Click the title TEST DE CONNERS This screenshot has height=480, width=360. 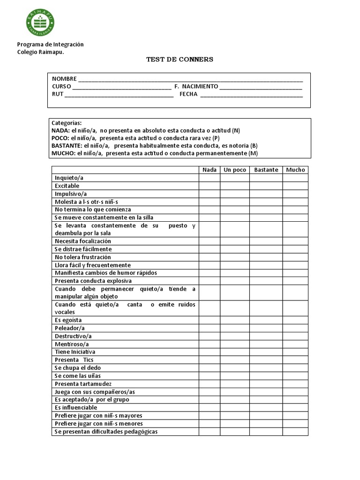(x=180, y=60)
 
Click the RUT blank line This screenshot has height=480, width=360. (x=119, y=95)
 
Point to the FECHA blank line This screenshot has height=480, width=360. (x=251, y=95)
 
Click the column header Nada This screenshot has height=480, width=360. (x=209, y=170)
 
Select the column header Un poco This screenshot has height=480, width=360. (x=234, y=170)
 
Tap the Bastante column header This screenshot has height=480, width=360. (x=266, y=170)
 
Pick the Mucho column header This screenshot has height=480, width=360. (x=295, y=170)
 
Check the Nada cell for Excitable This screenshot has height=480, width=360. (x=209, y=186)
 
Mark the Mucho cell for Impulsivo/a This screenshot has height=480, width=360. (x=295, y=194)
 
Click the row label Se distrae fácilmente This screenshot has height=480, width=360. (x=83, y=249)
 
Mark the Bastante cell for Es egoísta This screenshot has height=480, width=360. (x=266, y=320)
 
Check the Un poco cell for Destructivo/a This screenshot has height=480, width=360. (x=234, y=336)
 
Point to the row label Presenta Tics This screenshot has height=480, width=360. (x=74, y=360)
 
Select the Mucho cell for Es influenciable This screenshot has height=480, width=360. (x=295, y=407)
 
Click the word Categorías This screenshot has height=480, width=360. (x=67, y=123)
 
